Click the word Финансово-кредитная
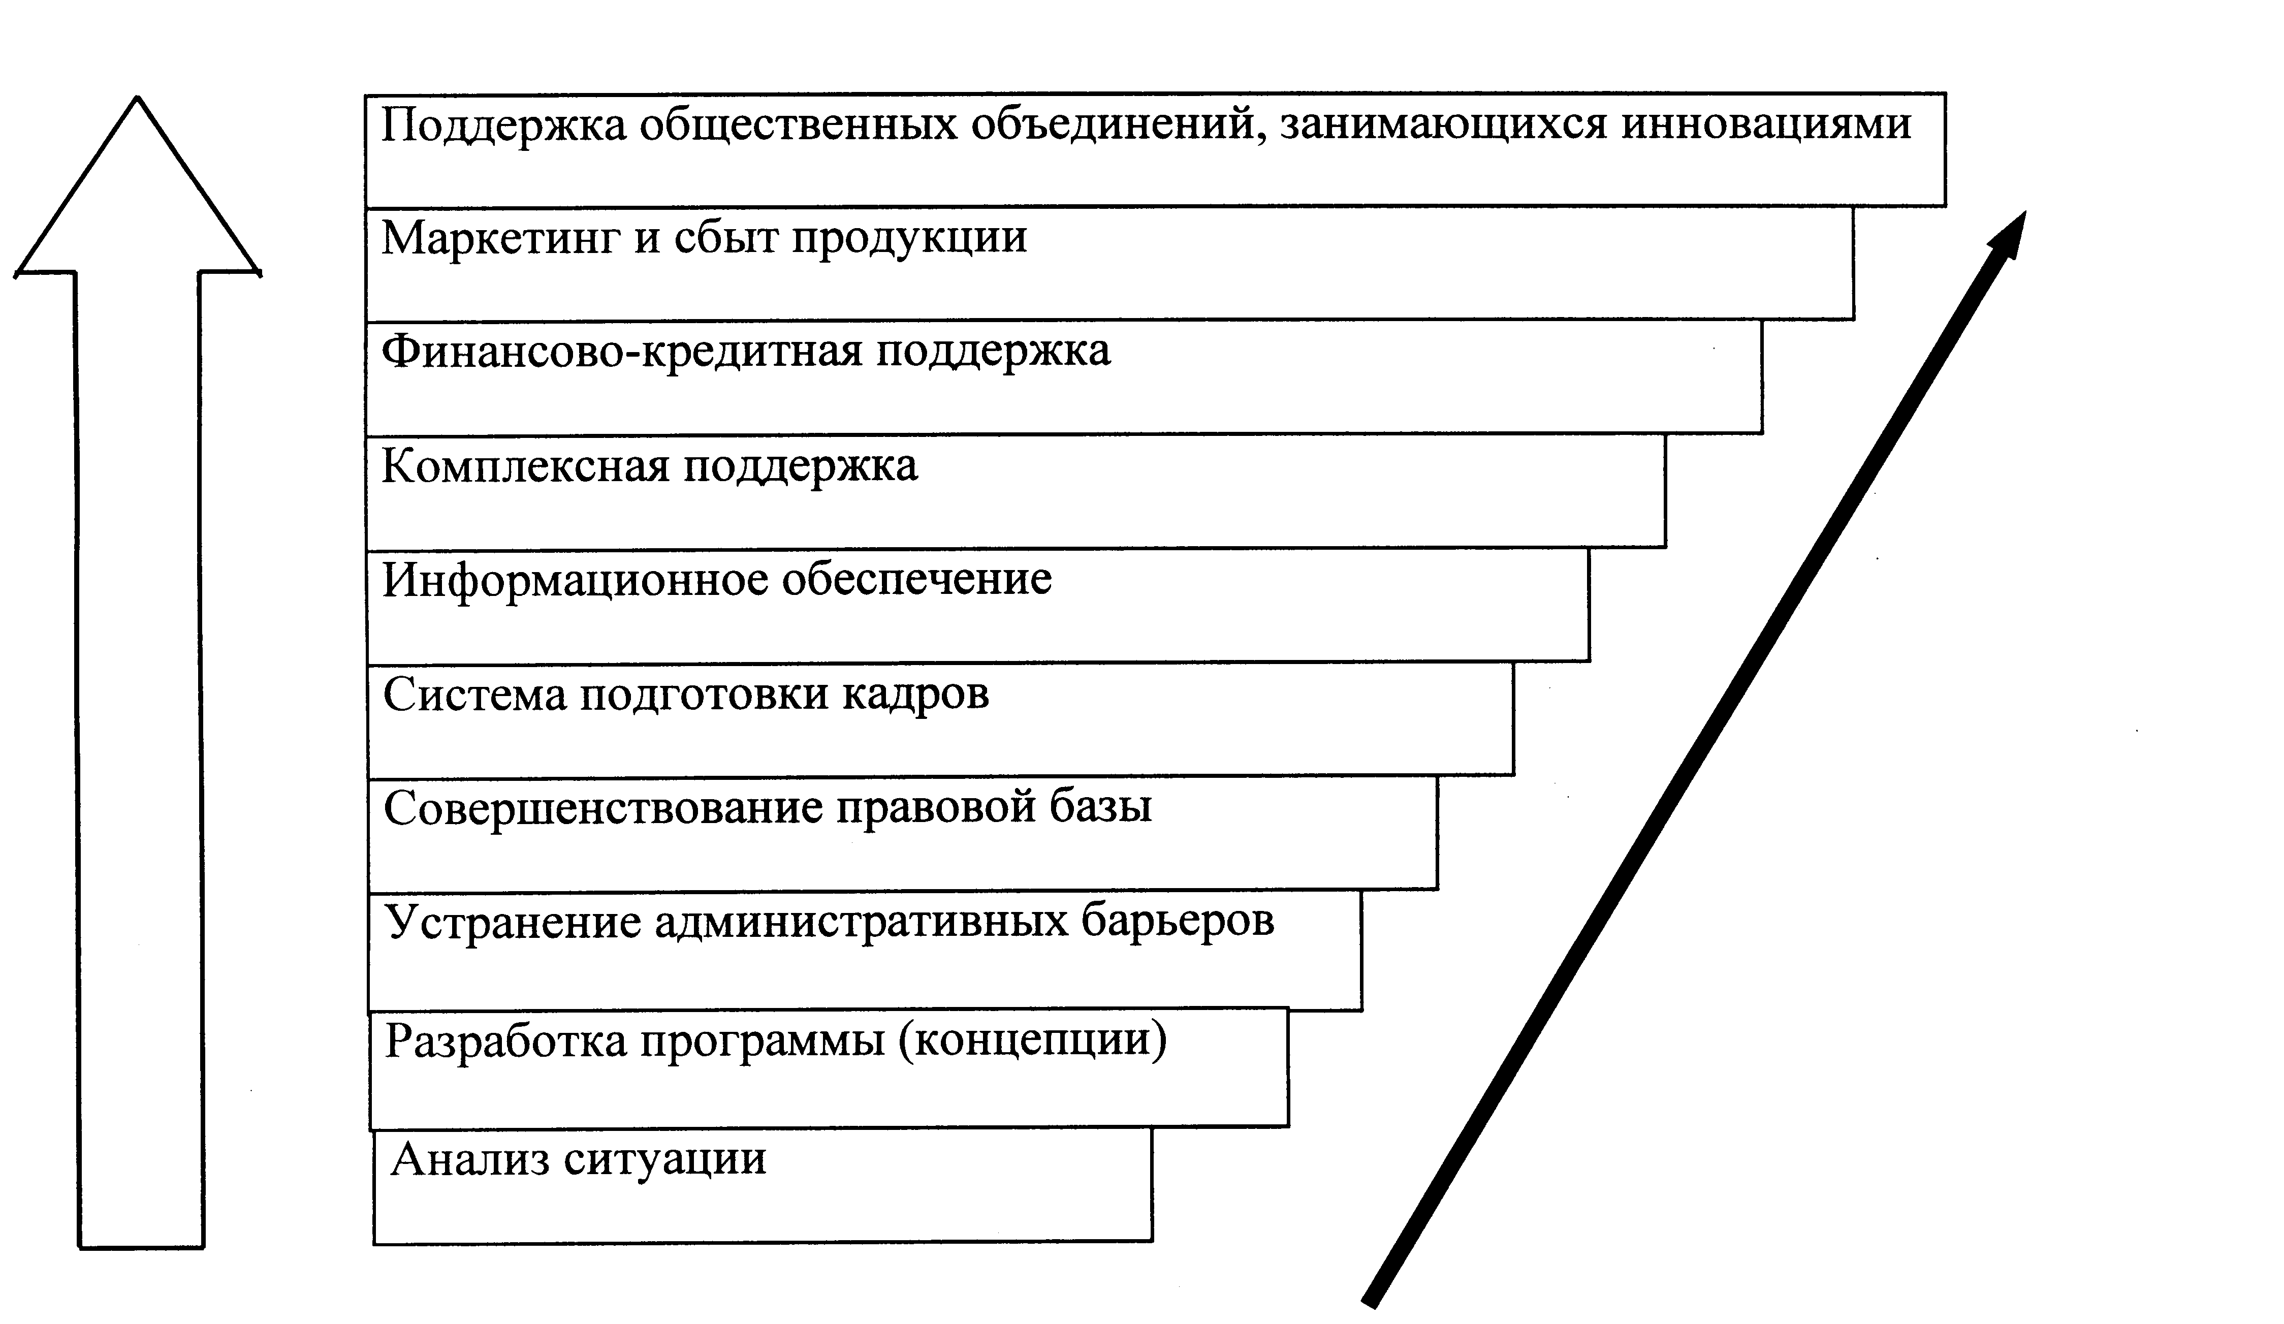tap(621, 352)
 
